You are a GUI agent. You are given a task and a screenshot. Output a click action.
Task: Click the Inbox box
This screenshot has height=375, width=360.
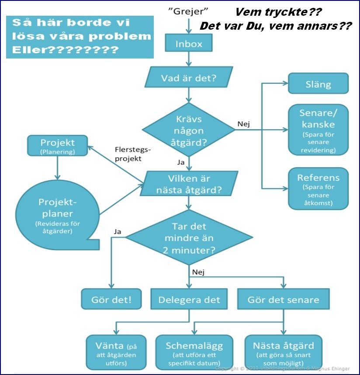click(189, 44)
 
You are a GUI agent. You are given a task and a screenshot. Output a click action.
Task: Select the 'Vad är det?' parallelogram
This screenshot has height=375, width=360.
click(189, 79)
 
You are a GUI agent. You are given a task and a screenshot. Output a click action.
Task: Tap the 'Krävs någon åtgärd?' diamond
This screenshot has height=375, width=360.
click(188, 130)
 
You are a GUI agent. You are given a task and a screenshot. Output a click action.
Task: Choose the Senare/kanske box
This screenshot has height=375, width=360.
click(318, 129)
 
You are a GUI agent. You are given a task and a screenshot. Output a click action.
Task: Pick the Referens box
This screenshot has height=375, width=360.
click(318, 188)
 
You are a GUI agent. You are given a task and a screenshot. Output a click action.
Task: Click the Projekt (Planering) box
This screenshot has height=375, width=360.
click(57, 146)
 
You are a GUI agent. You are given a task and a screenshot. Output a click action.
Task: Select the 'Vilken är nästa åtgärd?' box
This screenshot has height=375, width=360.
click(189, 184)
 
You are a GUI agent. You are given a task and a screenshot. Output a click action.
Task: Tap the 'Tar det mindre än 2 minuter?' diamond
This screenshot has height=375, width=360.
click(189, 238)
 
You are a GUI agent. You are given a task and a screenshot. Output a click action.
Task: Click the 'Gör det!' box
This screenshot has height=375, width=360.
click(111, 299)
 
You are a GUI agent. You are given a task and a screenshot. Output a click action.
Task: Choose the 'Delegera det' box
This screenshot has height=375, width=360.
click(189, 299)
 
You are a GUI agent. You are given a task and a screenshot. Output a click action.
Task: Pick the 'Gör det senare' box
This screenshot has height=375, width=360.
click(283, 299)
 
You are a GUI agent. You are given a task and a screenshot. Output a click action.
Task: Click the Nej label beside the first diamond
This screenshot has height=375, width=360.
click(244, 124)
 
